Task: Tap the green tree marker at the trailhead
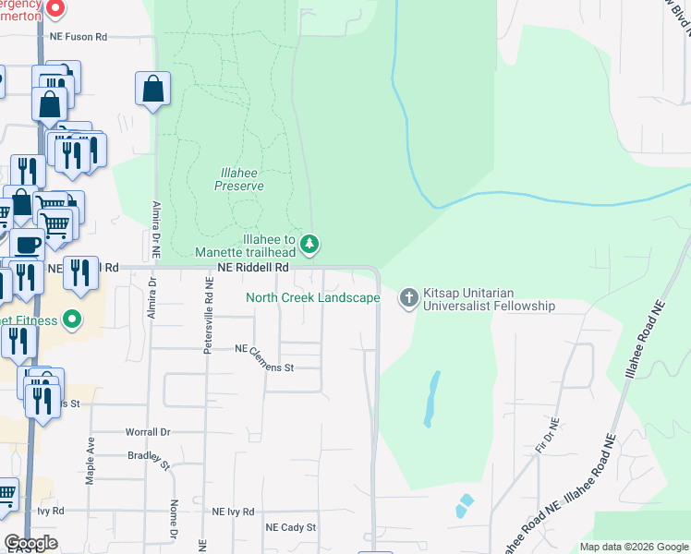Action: click(x=311, y=245)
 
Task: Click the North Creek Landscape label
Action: click(x=312, y=297)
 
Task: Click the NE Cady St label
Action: click(x=291, y=527)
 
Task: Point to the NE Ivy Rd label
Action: click(x=233, y=511)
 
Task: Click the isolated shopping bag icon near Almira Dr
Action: click(x=152, y=89)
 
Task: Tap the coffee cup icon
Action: click(x=28, y=247)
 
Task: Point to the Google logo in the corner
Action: click(x=31, y=543)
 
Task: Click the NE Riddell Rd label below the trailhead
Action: click(x=254, y=268)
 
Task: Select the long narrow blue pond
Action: click(x=430, y=398)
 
